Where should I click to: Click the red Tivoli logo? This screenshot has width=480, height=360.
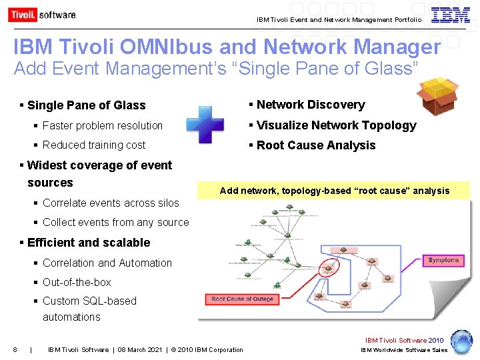coord(22,15)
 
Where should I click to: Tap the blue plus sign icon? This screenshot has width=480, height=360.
coord(205,125)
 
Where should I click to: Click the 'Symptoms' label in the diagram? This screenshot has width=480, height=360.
coord(443,260)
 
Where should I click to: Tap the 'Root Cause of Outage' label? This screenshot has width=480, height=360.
coord(242,299)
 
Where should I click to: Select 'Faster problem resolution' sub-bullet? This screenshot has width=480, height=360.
coord(102,125)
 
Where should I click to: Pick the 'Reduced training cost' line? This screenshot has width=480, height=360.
coord(94,145)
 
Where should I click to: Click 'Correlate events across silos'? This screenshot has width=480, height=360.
coord(111,203)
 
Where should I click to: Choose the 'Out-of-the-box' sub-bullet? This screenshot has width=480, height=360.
coord(77,282)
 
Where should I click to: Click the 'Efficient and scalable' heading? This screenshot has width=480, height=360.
coord(89,243)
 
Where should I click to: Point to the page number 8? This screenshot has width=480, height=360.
coord(15,349)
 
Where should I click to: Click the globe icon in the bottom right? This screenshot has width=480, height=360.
coord(461,341)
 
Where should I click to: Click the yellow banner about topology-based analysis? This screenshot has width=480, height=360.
coord(335,191)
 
